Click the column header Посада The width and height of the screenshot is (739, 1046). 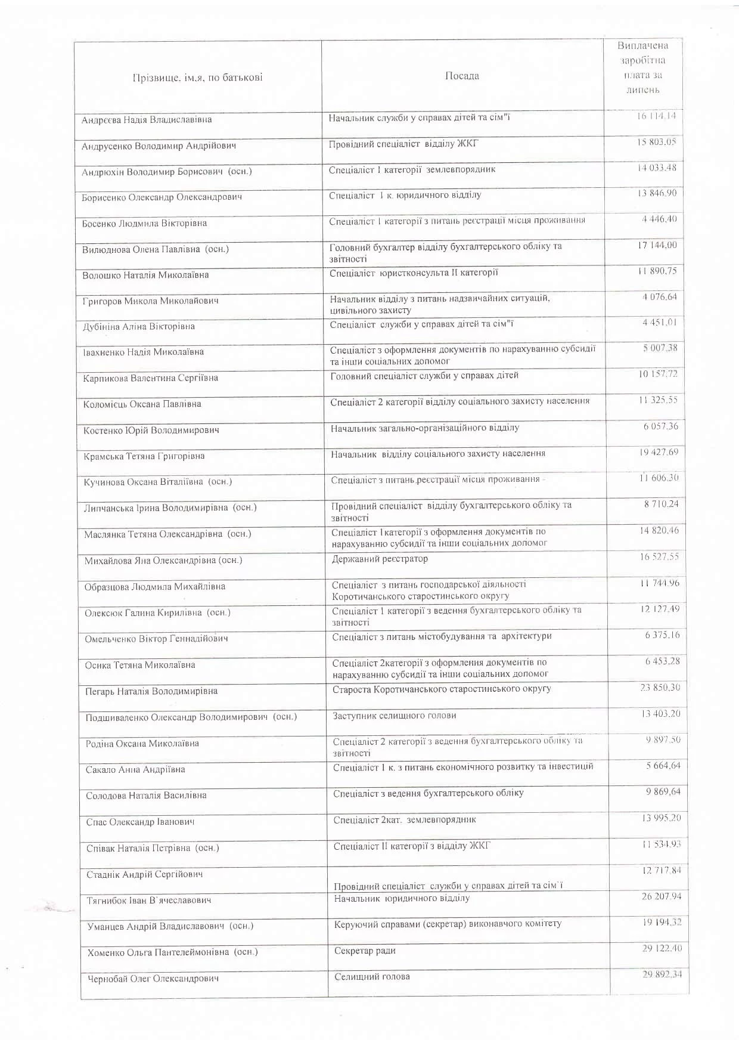(x=462, y=76)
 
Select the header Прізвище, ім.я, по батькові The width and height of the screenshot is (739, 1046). (x=197, y=78)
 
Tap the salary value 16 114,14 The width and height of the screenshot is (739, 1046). (x=656, y=116)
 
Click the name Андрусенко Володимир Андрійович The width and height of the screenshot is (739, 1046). (x=159, y=146)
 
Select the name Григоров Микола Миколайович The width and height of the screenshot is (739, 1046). (x=150, y=301)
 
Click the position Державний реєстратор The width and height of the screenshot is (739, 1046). (x=380, y=559)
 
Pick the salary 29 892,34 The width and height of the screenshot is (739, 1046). (x=662, y=974)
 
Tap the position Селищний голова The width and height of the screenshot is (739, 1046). (x=372, y=976)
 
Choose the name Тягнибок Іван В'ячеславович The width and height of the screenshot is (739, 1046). (x=149, y=900)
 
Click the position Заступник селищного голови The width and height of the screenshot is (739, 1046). (x=395, y=715)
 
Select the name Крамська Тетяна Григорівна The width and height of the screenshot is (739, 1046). (x=144, y=456)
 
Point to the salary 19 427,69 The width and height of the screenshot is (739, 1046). (x=659, y=452)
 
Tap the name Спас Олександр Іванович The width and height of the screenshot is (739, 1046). (x=140, y=822)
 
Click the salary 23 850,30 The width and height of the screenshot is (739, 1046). (x=660, y=688)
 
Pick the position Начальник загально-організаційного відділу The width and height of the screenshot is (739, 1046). (x=425, y=428)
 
